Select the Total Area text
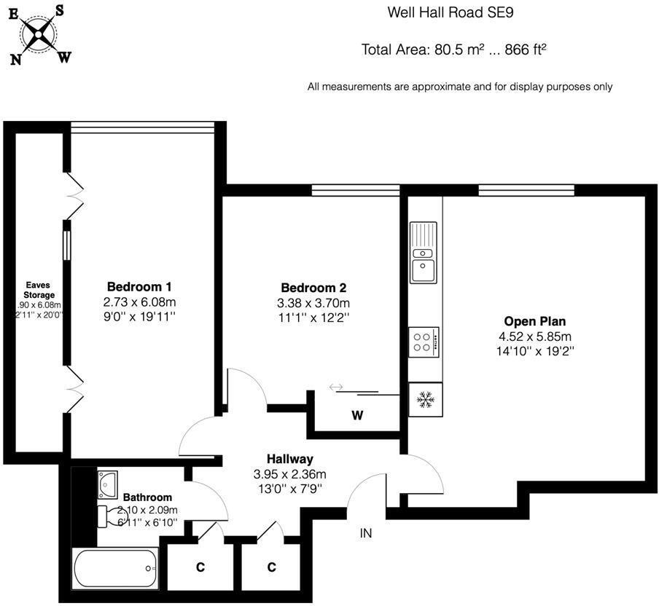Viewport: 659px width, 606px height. point(454,50)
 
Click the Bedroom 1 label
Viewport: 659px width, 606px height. point(139,286)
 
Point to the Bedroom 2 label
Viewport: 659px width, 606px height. point(313,287)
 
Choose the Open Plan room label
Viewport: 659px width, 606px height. point(535,320)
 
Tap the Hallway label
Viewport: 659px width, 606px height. point(289,459)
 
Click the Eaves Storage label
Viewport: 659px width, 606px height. point(39,289)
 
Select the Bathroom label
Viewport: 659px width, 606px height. point(147,497)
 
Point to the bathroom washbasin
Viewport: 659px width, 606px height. point(108,481)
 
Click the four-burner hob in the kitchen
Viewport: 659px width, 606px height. point(423,341)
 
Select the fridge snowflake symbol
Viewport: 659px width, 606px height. point(424,399)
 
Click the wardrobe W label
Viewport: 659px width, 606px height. point(357,416)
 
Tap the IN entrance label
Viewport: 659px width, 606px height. point(366,533)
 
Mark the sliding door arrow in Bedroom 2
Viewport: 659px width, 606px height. point(336,387)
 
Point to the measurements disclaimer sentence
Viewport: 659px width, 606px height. point(459,87)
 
